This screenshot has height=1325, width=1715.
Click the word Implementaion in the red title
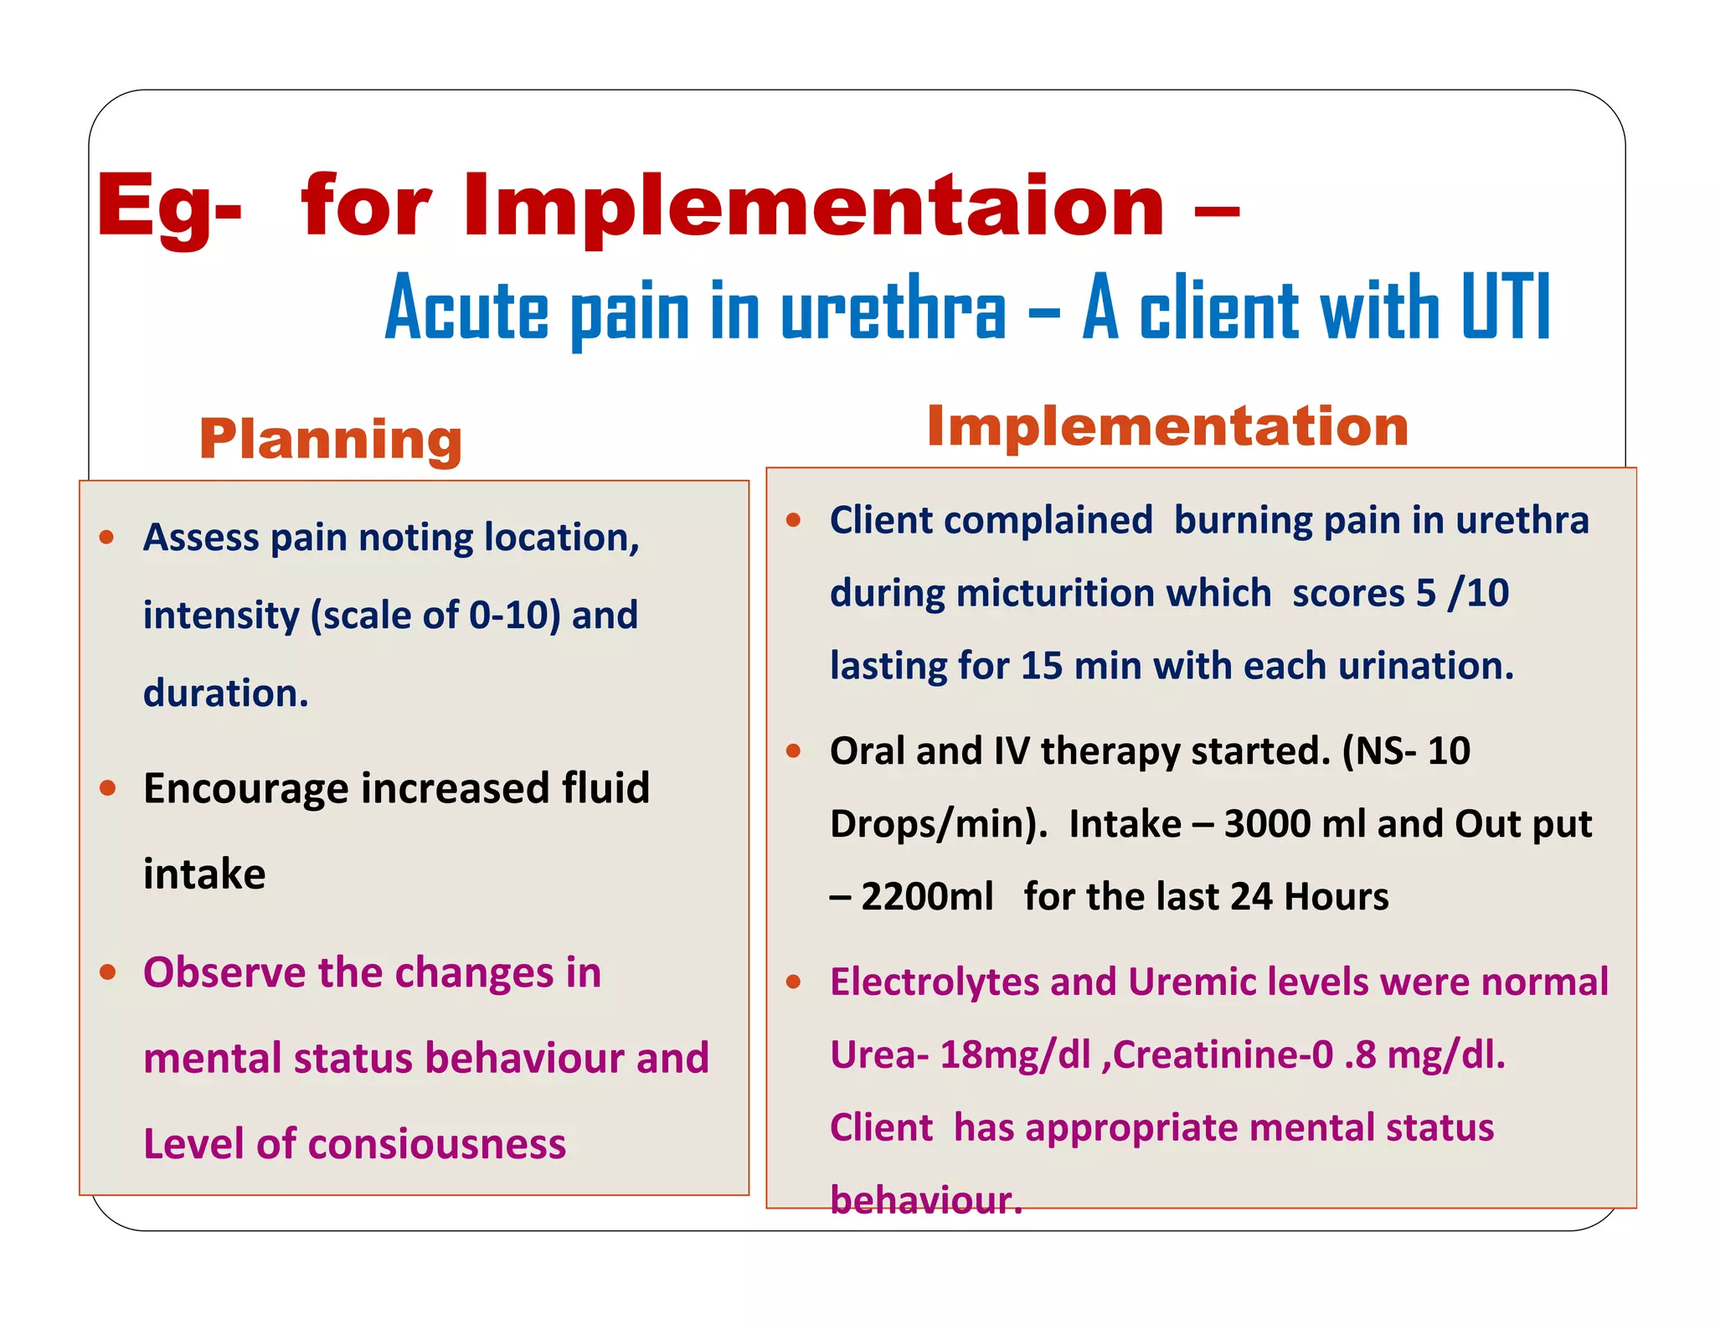click(812, 206)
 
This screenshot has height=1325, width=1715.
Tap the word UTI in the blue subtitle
click(1506, 307)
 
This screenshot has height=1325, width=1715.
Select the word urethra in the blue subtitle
click(893, 310)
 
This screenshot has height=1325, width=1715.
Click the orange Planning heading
click(330, 439)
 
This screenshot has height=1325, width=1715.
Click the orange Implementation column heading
click(1167, 426)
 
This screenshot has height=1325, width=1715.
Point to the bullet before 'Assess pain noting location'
click(106, 537)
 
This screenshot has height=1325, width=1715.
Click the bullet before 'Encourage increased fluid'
click(107, 788)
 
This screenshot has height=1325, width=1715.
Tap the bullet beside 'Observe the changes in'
click(107, 972)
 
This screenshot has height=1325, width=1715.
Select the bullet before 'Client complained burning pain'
click(794, 520)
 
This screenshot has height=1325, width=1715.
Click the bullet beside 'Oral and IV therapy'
click(794, 750)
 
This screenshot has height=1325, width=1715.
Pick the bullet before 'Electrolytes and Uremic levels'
click(794, 982)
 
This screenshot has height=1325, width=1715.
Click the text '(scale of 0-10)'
click(435, 616)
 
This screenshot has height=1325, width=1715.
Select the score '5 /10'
click(1462, 593)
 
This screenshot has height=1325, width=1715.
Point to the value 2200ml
click(927, 897)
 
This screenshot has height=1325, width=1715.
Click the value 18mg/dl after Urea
click(1015, 1054)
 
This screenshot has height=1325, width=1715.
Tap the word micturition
click(1113, 593)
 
